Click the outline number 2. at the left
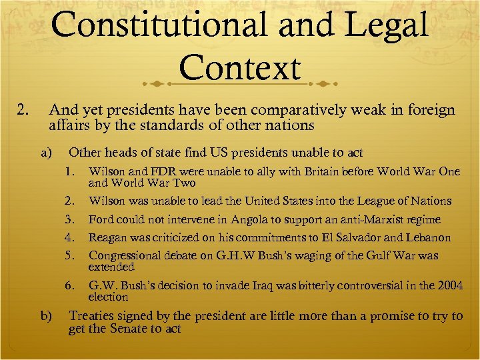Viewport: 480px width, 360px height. (24, 110)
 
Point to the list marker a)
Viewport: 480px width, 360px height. (47, 153)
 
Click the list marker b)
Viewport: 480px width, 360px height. (47, 316)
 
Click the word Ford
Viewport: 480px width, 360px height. (101, 219)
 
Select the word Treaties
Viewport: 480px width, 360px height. (93, 316)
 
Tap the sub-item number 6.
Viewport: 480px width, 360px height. (69, 285)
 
